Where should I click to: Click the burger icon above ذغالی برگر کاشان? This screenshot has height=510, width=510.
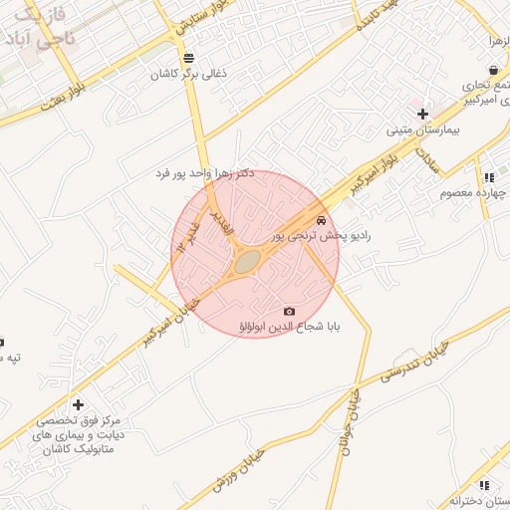coord(189,56)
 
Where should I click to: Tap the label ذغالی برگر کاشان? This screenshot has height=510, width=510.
coord(189,74)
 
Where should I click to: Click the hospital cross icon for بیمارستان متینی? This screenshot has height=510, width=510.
coord(422,114)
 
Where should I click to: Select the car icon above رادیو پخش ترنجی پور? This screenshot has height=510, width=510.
coord(320,219)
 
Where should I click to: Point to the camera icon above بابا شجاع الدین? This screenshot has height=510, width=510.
coord(290,311)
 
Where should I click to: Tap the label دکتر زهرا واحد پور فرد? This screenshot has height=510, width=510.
coord(205,173)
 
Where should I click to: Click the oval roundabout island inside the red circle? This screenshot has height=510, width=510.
coord(246,262)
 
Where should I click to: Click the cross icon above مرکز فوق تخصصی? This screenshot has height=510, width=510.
coord(80,405)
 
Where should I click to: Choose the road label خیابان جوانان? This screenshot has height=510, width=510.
coord(352,418)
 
